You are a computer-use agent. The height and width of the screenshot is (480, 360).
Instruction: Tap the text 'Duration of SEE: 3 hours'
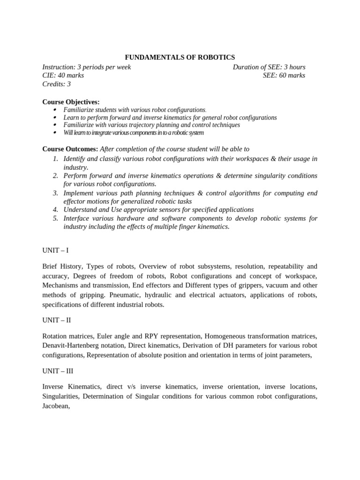coord(269,67)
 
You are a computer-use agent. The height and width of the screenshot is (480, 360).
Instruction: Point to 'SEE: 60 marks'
coord(284,75)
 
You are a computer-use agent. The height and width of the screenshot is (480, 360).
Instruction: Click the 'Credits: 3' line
coord(57,84)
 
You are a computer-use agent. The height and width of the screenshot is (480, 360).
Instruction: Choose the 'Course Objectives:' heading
coord(71,102)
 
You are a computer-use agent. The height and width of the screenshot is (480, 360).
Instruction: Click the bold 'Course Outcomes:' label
coord(70,149)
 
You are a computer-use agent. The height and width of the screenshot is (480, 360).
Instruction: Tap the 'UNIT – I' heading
coord(55,250)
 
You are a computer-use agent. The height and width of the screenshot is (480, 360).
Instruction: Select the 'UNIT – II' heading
coord(57,320)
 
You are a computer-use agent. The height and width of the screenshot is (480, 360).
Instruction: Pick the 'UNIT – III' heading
coord(58,370)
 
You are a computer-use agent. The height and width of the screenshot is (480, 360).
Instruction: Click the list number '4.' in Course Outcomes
coord(55,210)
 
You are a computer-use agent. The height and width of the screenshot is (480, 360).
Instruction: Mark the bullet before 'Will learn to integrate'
coord(55,133)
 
